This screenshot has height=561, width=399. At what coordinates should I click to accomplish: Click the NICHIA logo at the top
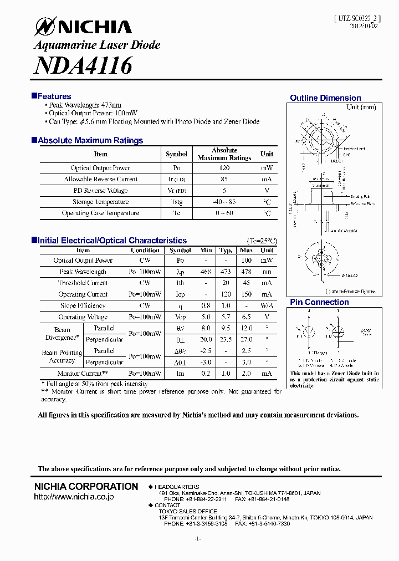(x=83, y=27)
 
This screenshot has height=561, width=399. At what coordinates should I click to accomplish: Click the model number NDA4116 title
(x=83, y=65)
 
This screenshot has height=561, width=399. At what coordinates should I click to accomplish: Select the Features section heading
(x=54, y=96)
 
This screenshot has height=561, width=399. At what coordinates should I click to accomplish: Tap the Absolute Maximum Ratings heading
(x=90, y=141)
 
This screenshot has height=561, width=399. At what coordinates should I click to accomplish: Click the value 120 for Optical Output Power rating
(x=224, y=168)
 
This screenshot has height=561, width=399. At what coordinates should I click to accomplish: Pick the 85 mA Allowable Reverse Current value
(x=224, y=180)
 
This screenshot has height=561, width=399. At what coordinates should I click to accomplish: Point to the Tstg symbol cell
(x=176, y=202)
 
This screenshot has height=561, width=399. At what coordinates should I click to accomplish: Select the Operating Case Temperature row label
(x=100, y=213)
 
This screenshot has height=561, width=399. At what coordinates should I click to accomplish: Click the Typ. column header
(x=226, y=251)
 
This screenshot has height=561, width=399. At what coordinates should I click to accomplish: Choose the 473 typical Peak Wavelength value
(x=226, y=272)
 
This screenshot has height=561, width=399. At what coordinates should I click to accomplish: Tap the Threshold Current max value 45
(x=247, y=283)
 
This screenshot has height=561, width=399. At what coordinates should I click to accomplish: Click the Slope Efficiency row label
(x=83, y=306)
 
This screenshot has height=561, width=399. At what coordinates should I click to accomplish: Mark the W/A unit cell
(x=267, y=306)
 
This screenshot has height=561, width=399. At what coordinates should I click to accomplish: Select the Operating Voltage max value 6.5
(x=247, y=317)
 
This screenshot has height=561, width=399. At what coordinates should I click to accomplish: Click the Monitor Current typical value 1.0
(x=226, y=374)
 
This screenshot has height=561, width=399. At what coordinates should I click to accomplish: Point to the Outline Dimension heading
(x=325, y=98)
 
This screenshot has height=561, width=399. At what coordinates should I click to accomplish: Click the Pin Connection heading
(x=319, y=302)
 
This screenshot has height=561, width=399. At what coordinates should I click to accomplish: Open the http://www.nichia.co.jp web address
(x=74, y=497)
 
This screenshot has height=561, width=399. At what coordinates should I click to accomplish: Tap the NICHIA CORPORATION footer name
(x=86, y=487)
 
